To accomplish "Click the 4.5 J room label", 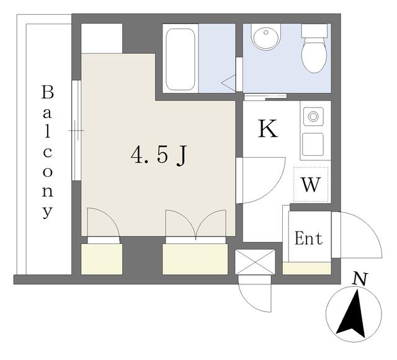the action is pos(159,155).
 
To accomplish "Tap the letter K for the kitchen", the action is pos(267,128).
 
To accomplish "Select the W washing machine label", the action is pos(311,185).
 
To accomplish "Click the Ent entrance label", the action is pos(309,238).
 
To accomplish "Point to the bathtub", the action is pos(181,60).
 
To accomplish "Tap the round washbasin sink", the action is pos(266,37).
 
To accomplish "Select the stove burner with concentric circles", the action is pos(313,116).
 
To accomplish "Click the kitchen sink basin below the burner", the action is pos(313,144).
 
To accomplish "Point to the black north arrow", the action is pos(352,314).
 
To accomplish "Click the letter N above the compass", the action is pos(360,279).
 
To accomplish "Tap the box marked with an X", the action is pos(255,262).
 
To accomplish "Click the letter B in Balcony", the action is pos(48,92).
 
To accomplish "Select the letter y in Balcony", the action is pos(48,212).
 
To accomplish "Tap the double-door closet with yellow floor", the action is pos(195,259).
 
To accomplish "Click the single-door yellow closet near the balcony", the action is pos(102,259).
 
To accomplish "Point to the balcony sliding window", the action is pos(76,130).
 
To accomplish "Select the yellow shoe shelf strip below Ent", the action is pos(307,268).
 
